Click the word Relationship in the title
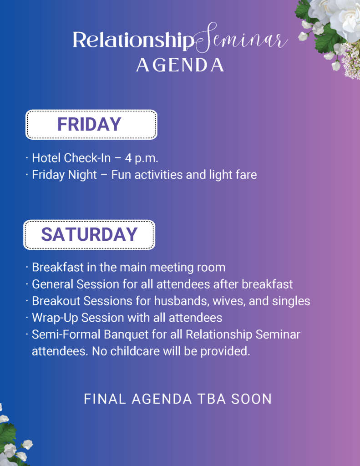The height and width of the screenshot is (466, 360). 133,40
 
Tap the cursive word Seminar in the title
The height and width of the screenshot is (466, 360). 241,38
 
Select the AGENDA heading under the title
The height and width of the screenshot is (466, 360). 180,65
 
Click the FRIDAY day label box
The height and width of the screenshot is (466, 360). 91,125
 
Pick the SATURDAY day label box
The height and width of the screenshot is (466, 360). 89,234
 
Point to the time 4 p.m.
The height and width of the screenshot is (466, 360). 142,158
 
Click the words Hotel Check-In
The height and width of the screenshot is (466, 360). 71,158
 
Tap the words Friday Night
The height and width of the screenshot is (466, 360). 64,175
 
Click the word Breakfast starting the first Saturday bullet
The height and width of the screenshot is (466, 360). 58,267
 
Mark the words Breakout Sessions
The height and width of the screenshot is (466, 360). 82,301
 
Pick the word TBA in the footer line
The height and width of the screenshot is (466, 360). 211,399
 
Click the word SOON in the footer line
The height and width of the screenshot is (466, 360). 252,399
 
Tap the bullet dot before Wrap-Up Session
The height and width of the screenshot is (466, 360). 27,318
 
